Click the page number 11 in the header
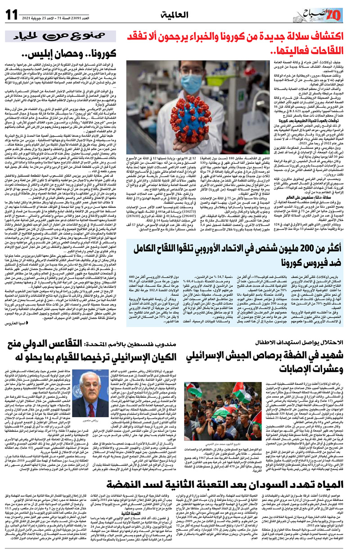13,13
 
